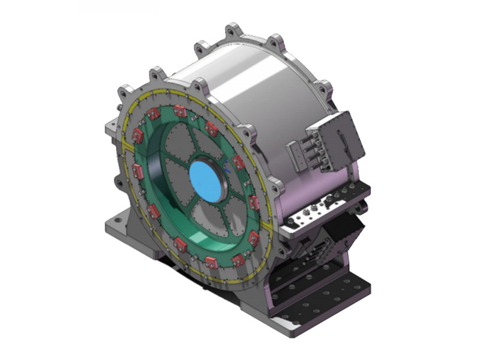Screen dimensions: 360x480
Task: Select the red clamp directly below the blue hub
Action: tap(211, 262)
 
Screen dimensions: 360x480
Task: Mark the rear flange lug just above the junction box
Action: tap(325, 89)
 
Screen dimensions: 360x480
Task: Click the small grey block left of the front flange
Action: tap(111, 127)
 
